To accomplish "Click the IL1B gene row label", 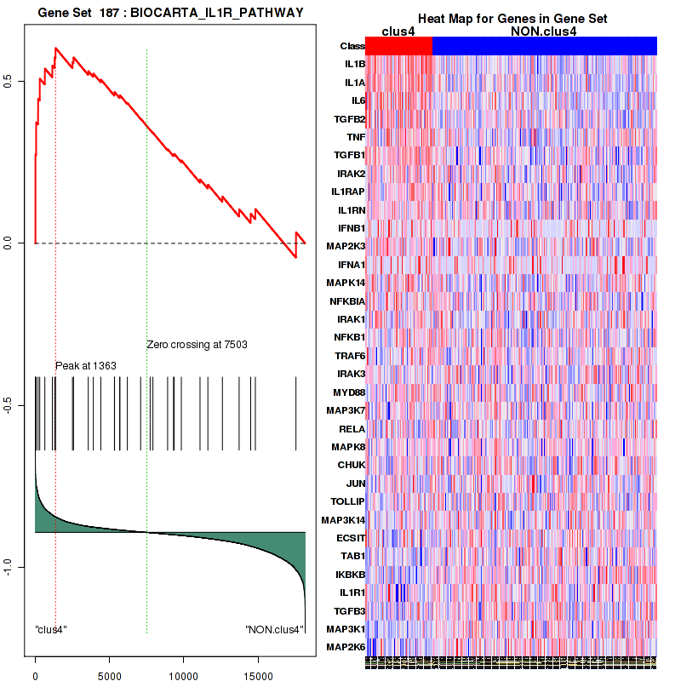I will [x=354, y=64].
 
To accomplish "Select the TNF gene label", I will [x=356, y=136].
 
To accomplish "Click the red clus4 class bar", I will [x=398, y=46].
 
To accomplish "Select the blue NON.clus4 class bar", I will [x=544, y=46].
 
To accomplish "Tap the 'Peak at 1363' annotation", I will [x=86, y=365].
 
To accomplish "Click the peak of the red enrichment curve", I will [x=55, y=48].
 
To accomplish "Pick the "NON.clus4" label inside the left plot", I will [x=274, y=630].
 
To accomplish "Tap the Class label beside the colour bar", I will [x=352, y=46].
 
